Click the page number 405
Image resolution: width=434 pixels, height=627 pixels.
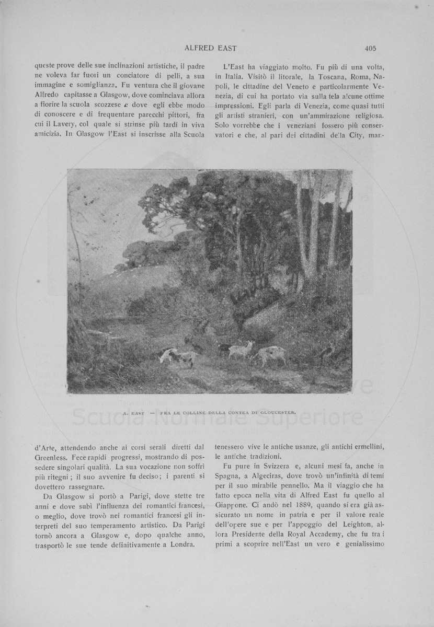pyautogui.click(x=371, y=49)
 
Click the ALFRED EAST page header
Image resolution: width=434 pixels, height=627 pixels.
pyautogui.click(x=211, y=49)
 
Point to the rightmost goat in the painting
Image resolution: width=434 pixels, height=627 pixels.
pyautogui.click(x=270, y=355)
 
